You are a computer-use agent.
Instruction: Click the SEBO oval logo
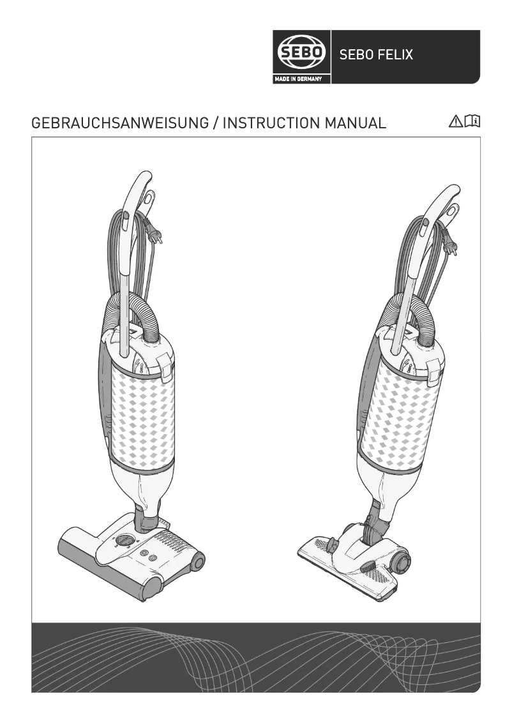301,54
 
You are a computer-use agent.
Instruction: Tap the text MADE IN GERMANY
301,79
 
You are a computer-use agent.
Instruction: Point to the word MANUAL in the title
355,123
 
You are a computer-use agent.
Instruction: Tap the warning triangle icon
456,121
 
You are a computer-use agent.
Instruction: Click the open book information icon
473,121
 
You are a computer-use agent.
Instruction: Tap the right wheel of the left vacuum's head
198,562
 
